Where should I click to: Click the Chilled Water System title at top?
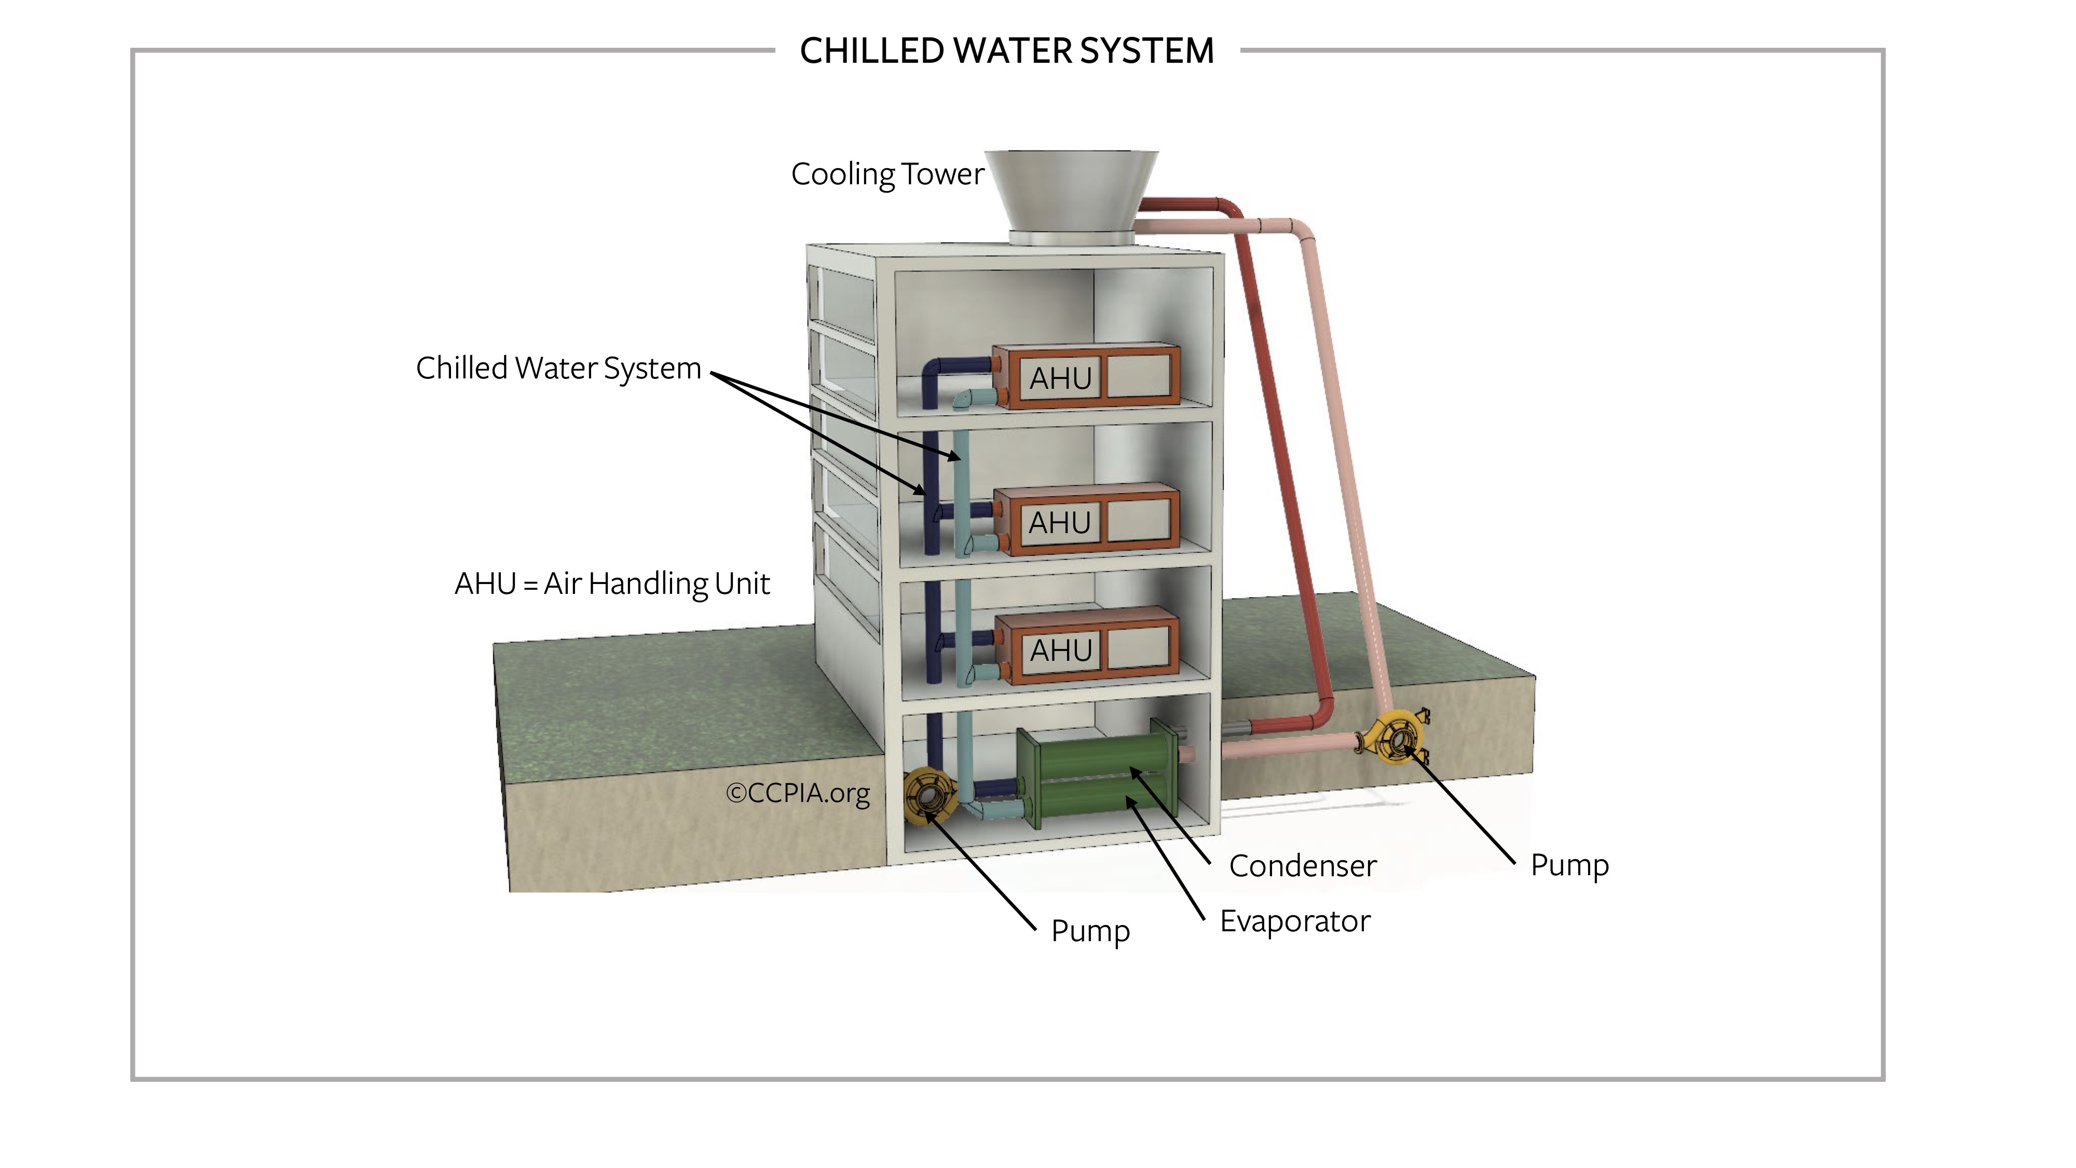[x=1006, y=51]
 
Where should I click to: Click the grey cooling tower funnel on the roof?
[x=1071, y=194]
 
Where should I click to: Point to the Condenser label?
[x=1302, y=866]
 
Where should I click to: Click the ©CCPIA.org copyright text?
[x=797, y=793]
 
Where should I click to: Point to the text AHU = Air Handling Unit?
[x=612, y=583]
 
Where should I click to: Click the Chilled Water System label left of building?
[x=558, y=369]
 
